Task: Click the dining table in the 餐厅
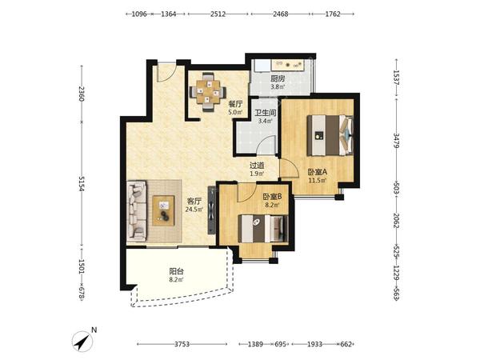coord(208,91)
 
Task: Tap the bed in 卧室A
coord(330,135)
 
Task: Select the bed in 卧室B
coord(263,229)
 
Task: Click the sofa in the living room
coord(137,211)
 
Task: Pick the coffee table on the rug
coord(163,210)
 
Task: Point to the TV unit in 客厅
coord(212,210)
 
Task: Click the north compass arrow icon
coord(82,341)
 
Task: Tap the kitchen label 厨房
coord(278,78)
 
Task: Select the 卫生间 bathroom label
coord(266,113)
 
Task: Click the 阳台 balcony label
coord(176,271)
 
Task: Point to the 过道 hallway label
coord(257,166)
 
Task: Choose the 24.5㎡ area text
coord(194,210)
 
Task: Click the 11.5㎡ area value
coord(318,180)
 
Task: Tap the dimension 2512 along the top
coord(218,14)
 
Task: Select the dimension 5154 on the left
coord(82,184)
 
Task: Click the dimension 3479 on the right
coord(396,141)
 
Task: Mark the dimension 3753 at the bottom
coord(182,344)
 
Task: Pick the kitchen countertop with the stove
coord(288,65)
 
